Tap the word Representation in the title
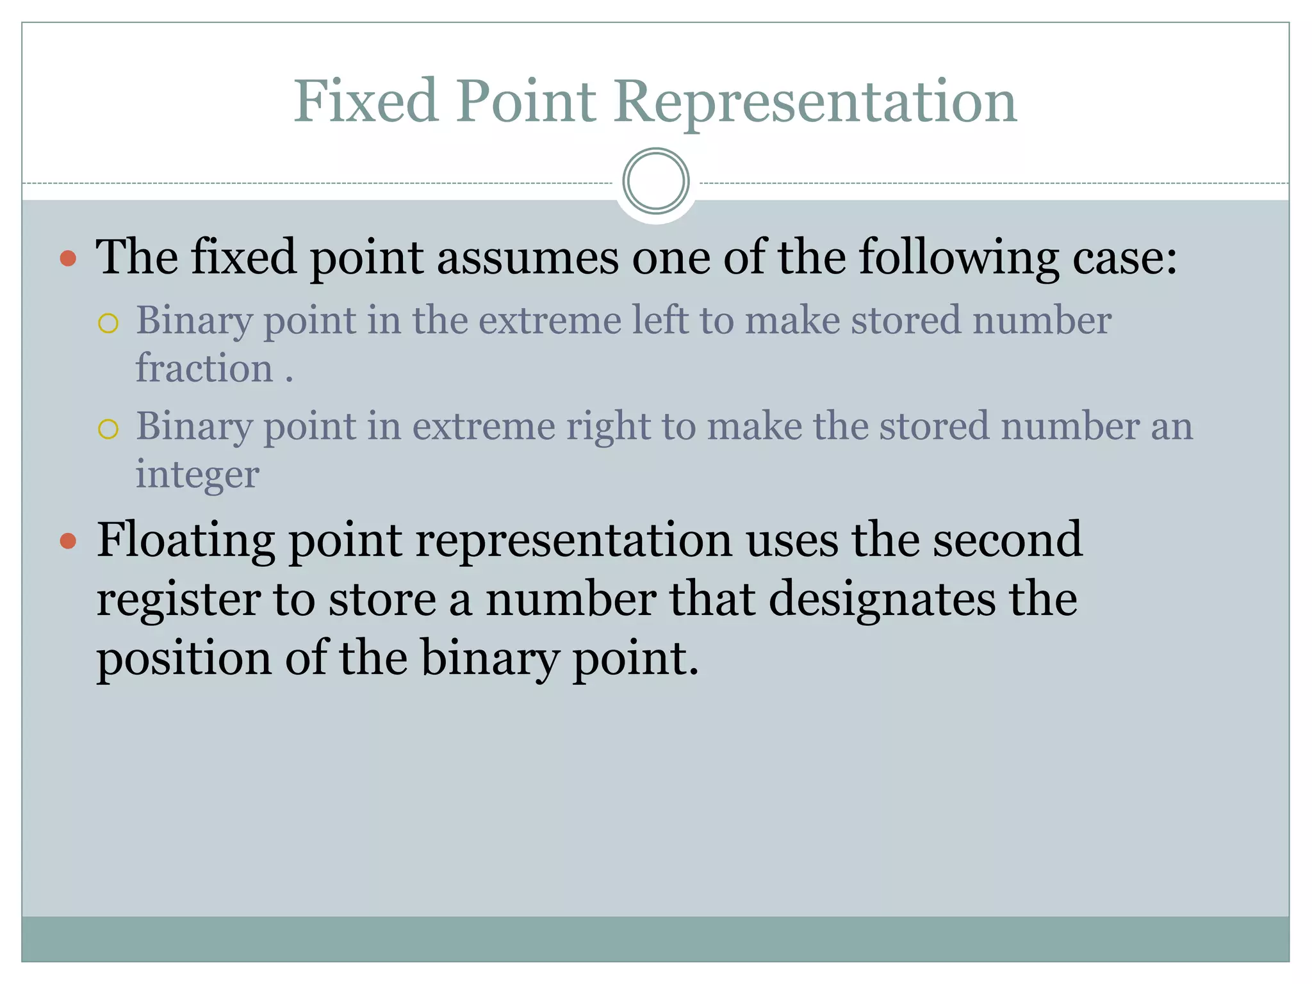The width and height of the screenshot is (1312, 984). tap(815, 102)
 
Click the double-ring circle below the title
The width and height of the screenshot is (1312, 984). tap(655, 181)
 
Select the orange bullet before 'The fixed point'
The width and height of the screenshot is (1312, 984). tap(68, 259)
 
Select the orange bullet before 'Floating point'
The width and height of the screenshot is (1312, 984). tap(68, 541)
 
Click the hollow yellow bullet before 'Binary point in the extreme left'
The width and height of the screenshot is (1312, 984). tap(108, 323)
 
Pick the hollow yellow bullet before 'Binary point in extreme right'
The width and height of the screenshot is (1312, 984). tap(108, 429)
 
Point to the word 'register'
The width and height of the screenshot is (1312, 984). tap(178, 600)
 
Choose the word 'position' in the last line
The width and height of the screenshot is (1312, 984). tap(184, 659)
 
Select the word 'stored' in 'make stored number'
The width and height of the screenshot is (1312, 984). tap(906, 320)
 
